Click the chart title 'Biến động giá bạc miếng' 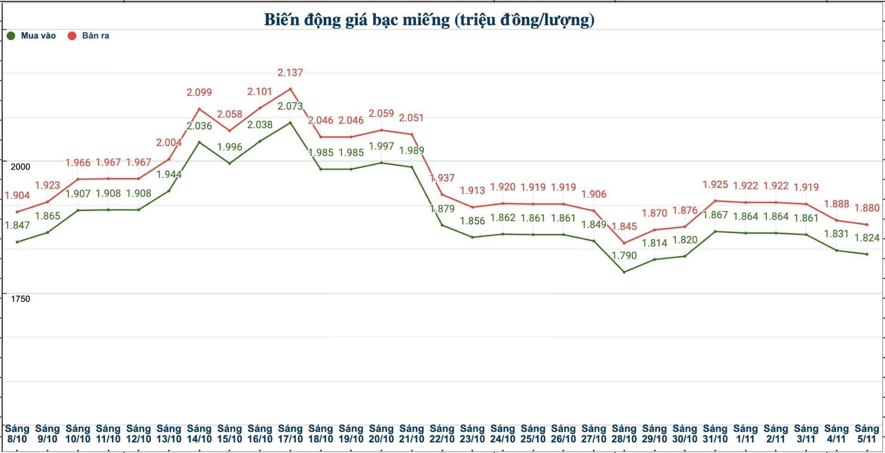(x=429, y=20)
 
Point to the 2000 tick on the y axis (x=20, y=167)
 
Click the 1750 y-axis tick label (x=20, y=299)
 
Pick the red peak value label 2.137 (x=290, y=72)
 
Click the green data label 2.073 (x=290, y=106)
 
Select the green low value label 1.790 (x=624, y=255)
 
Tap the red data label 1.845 (x=624, y=226)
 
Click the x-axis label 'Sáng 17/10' (x=290, y=434)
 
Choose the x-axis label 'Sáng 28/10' (x=624, y=434)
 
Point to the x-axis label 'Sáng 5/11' (x=867, y=434)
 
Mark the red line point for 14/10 (x=199, y=109)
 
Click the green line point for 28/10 (x=624, y=272)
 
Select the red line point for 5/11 (x=867, y=225)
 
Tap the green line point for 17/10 (x=290, y=123)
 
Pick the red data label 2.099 (x=199, y=92)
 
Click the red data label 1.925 (x=715, y=184)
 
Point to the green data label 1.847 (x=18, y=225)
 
